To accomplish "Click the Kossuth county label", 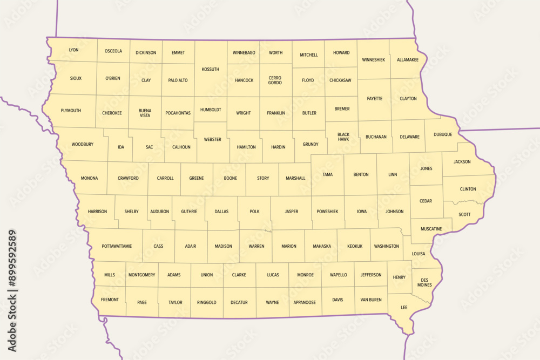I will point(210,69).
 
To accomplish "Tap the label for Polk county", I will point(254,212).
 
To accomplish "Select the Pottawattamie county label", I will point(116,246).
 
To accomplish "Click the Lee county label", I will point(404,307).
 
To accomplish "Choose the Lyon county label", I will point(73,50).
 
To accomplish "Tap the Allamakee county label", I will point(408,60).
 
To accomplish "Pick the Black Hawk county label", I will point(343,137).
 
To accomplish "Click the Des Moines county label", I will point(424,282).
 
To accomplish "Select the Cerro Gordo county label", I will point(275,80).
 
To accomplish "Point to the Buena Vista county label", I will point(145,113).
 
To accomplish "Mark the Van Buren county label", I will point(371,300).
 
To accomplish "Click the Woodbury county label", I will point(83,144).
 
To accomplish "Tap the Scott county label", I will point(464,214).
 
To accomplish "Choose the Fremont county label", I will point(110,300).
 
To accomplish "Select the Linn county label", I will point(393,175).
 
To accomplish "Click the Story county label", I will point(263,178).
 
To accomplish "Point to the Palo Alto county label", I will point(178,80).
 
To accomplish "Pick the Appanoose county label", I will point(305,302).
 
